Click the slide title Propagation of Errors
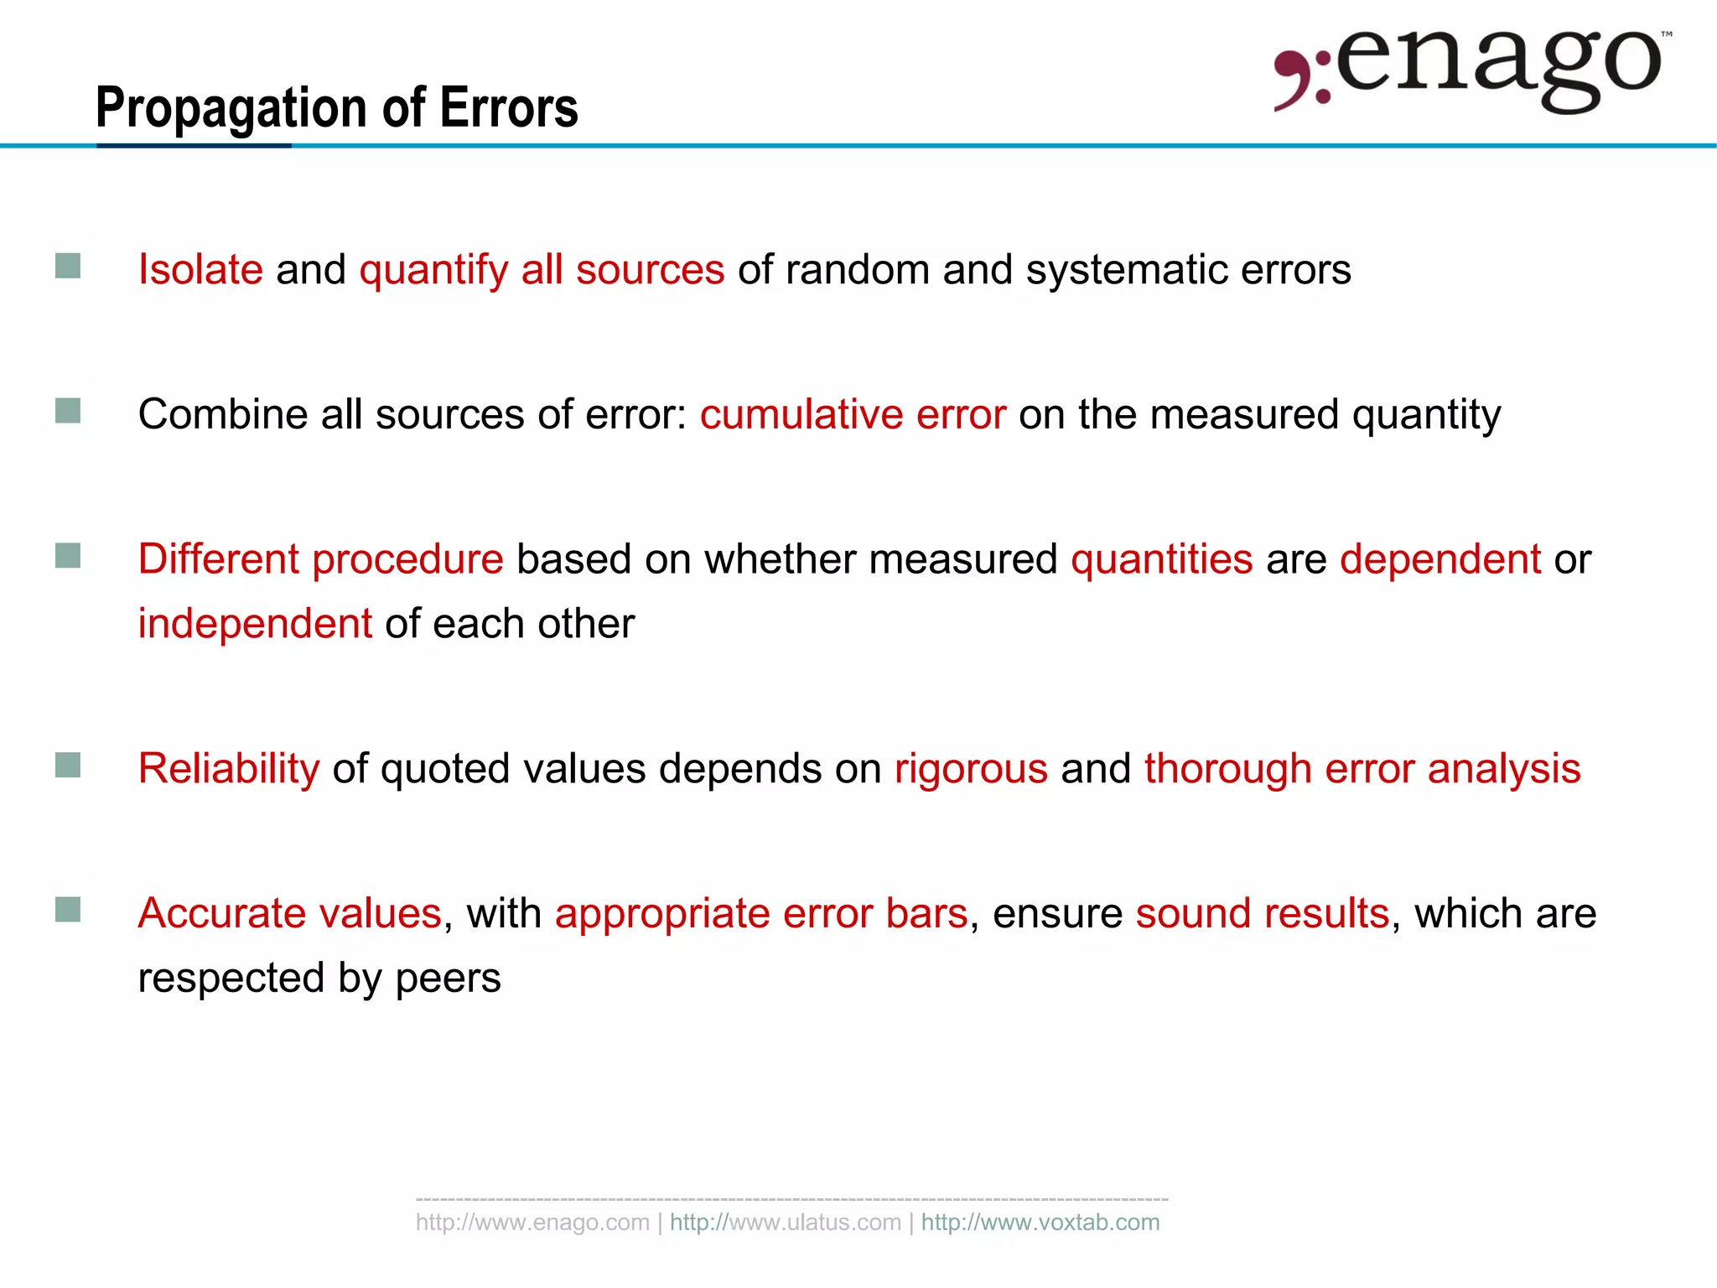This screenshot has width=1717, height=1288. pyautogui.click(x=336, y=109)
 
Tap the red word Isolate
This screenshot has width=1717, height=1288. pyautogui.click(x=200, y=270)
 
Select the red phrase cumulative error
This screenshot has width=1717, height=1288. pyautogui.click(x=853, y=414)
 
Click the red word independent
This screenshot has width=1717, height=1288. pyautogui.click(x=255, y=624)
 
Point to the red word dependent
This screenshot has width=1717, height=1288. pyautogui.click(x=1439, y=559)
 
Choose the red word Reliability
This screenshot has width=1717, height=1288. pyautogui.click(x=229, y=769)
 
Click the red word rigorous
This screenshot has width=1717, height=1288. pyautogui.click(x=971, y=769)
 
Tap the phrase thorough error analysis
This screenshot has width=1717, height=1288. pyautogui.click(x=1362, y=769)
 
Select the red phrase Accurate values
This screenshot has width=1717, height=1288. pyautogui.click(x=289, y=913)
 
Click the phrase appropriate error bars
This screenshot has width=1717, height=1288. pyautogui.click(x=761, y=913)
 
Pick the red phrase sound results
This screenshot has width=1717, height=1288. pyautogui.click(x=1263, y=913)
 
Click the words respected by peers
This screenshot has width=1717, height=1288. pyautogui.click(x=319, y=978)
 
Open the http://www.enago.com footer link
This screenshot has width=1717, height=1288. pyautogui.click(x=532, y=1223)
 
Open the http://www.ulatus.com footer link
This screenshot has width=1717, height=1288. pyautogui.click(x=786, y=1223)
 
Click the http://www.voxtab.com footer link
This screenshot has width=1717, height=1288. pyautogui.click(x=1040, y=1223)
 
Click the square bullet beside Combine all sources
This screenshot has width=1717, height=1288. pyautogui.click(x=68, y=411)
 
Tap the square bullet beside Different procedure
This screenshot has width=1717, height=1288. pyautogui.click(x=68, y=556)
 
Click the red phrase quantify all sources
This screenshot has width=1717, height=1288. pyautogui.click(x=542, y=270)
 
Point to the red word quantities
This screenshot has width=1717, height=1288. pyautogui.click(x=1161, y=559)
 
